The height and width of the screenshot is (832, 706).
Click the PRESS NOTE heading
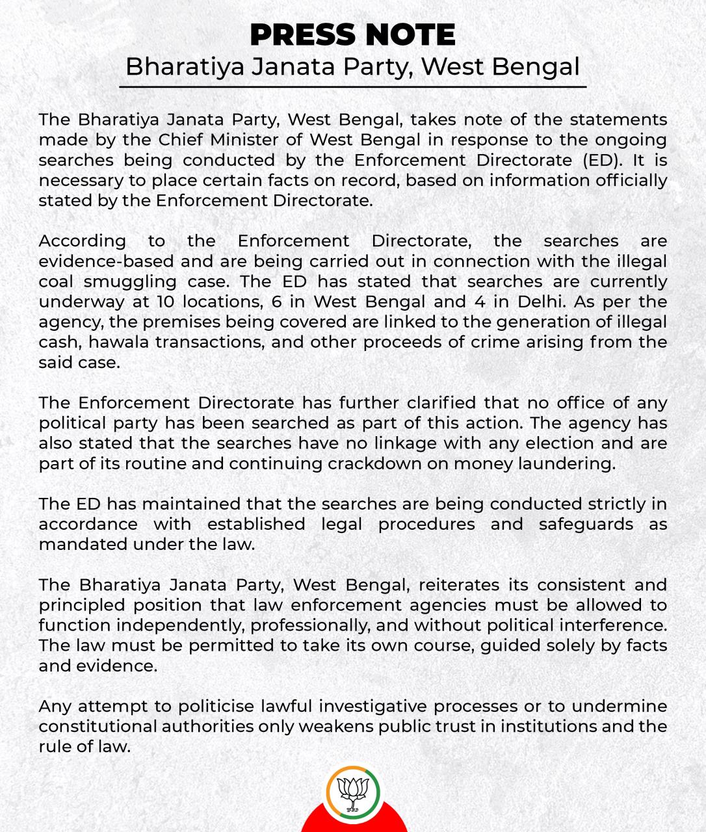click(352, 35)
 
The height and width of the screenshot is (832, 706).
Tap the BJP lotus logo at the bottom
click(353, 792)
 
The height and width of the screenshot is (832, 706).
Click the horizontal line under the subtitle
click(352, 86)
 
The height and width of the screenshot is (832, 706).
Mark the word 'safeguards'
click(586, 524)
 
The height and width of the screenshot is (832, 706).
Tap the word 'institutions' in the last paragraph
click(550, 726)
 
